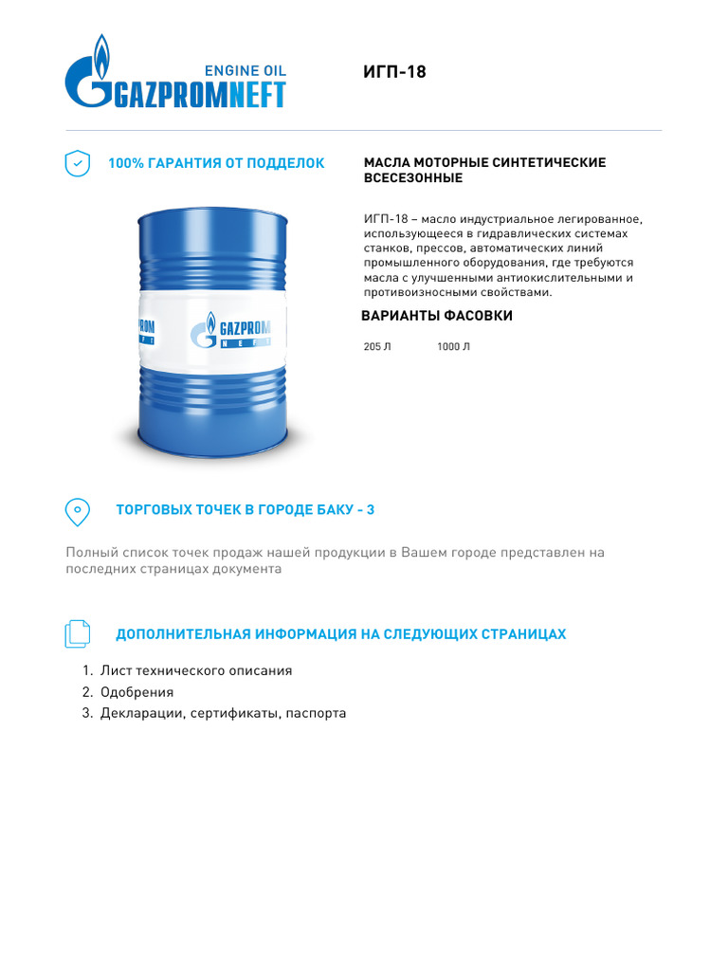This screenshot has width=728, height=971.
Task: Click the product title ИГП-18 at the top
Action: pos(394,72)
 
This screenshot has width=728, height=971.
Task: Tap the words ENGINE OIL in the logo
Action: pos(246,70)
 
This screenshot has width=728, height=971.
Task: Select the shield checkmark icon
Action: pos(77,163)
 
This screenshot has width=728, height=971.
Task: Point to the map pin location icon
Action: pos(77,511)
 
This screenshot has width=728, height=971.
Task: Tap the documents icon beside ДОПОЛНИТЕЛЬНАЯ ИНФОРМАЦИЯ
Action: pos(77,634)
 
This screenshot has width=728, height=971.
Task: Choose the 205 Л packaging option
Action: pos(376,347)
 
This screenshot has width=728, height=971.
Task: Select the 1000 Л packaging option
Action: pos(453,347)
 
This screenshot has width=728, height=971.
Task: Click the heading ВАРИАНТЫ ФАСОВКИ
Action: pos(437,316)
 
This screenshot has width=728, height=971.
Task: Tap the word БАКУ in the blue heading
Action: pos(330,510)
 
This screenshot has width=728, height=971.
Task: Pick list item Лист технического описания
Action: pos(196,670)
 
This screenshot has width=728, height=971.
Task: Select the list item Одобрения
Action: pos(136,692)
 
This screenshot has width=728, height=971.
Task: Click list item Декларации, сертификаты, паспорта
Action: pos(223,713)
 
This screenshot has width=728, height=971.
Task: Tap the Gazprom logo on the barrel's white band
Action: pos(231,333)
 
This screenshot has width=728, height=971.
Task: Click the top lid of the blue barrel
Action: pos(210,212)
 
